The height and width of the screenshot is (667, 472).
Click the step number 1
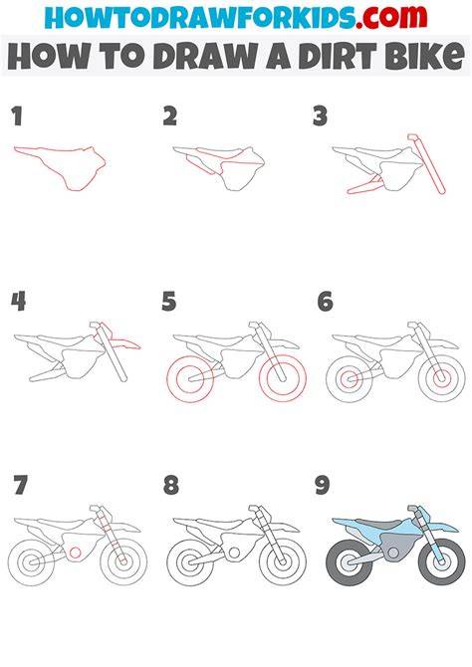[x=17, y=116]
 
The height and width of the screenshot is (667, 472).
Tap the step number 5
[x=169, y=302]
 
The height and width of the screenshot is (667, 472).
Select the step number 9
[x=323, y=486]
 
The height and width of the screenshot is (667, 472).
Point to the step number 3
[x=320, y=116]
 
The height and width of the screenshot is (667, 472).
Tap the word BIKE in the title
[x=424, y=56]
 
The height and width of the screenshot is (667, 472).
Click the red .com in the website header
[x=391, y=17]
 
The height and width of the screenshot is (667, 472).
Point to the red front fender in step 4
[x=123, y=340]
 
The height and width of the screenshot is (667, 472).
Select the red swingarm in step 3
[x=364, y=185]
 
